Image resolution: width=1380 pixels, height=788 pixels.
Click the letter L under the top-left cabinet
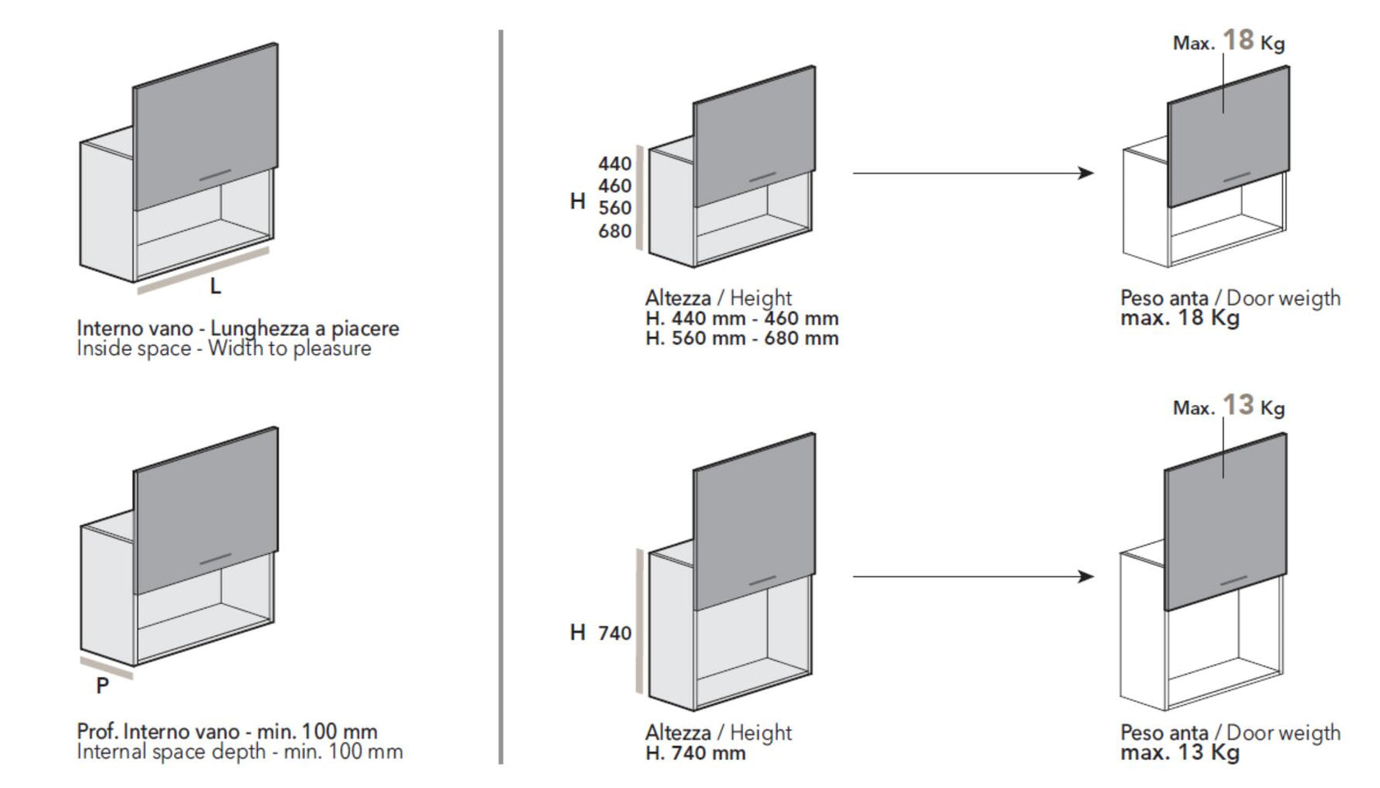[215, 287]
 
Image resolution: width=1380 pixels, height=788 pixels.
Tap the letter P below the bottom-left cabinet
[102, 685]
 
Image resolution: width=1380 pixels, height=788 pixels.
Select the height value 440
[614, 164]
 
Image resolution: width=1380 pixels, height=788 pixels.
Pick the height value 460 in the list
[614, 187]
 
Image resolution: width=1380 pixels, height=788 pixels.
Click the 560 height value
[614, 209]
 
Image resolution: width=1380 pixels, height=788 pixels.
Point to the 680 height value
[614, 232]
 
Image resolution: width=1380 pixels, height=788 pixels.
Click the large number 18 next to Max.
[1238, 39]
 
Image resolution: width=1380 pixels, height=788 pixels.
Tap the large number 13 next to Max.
[1238, 405]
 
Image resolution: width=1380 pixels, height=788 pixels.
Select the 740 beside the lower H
[614, 633]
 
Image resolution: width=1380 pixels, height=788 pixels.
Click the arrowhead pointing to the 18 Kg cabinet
[1086, 173]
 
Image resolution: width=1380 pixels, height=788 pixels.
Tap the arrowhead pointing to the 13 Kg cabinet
[1086, 577]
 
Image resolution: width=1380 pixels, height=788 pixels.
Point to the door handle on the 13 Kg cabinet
[1234, 580]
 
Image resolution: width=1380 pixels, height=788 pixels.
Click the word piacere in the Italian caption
[365, 329]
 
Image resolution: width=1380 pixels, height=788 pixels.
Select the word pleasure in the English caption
[332, 348]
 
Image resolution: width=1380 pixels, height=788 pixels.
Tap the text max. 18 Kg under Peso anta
[1180, 318]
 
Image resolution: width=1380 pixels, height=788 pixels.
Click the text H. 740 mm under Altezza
[695, 753]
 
